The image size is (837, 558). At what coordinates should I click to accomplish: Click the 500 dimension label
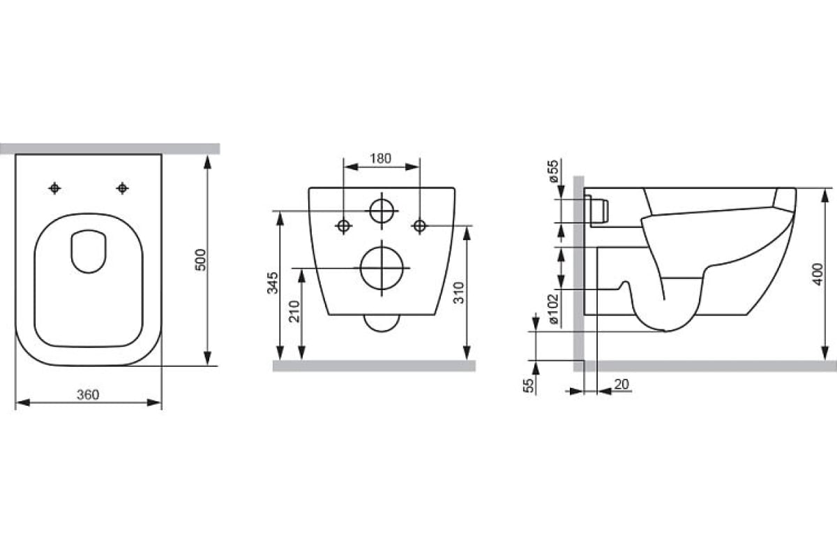click(x=201, y=259)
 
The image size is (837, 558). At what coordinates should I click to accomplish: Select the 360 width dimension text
click(x=88, y=395)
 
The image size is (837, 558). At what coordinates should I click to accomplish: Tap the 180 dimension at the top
click(x=380, y=158)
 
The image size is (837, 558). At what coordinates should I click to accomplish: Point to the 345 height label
click(x=273, y=283)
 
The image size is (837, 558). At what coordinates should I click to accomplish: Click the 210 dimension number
click(x=295, y=311)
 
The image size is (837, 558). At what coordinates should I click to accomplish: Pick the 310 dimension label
click(x=458, y=293)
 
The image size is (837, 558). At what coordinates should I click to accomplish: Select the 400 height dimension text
click(x=818, y=274)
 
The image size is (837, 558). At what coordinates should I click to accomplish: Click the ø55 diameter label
click(x=554, y=171)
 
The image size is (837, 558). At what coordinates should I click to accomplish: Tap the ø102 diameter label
click(x=554, y=309)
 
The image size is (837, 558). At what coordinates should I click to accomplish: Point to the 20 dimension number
click(x=621, y=384)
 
